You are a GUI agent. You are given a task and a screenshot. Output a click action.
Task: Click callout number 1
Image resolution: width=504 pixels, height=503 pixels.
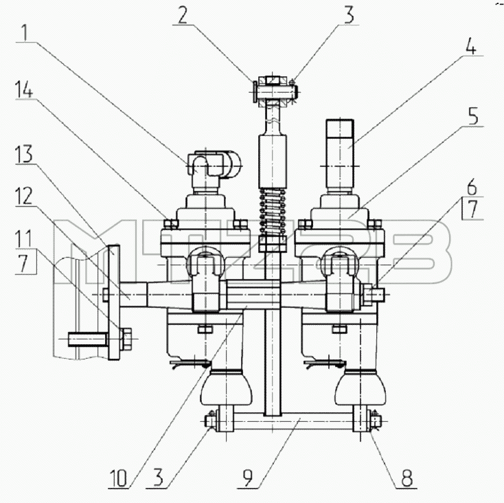(x=24, y=32)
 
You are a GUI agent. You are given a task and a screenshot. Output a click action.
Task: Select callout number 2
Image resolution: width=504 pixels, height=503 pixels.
(x=183, y=15)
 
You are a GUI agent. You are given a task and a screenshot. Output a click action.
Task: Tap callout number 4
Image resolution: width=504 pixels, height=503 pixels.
(x=470, y=46)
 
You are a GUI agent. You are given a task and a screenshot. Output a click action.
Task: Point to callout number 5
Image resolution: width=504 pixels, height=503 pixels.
(x=473, y=117)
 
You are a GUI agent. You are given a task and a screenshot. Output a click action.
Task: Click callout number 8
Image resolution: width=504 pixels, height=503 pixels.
(x=406, y=478)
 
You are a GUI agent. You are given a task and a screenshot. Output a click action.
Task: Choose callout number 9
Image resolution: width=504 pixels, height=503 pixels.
(x=248, y=479)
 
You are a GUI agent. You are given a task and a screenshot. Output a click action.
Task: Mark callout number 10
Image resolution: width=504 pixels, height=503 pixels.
(x=118, y=478)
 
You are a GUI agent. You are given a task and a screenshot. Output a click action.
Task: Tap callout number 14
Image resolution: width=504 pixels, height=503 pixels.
(x=25, y=89)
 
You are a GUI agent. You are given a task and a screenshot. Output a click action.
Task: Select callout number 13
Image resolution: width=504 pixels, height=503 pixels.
(x=25, y=154)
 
